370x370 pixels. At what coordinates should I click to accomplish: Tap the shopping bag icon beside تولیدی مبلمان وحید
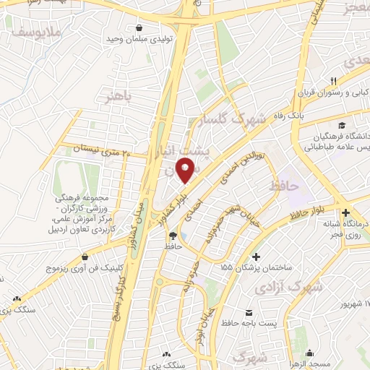[x=136, y=28]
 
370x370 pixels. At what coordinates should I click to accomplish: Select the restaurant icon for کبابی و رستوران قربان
[x=333, y=81]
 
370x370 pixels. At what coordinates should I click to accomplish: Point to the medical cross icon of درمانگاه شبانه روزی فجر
[x=346, y=213]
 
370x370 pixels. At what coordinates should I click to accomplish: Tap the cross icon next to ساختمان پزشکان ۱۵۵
[x=256, y=257]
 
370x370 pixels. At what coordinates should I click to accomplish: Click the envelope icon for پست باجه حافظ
[x=249, y=312]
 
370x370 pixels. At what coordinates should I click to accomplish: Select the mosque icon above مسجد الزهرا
[x=311, y=353]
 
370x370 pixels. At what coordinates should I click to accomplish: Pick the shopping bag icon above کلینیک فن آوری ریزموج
[x=86, y=256]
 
